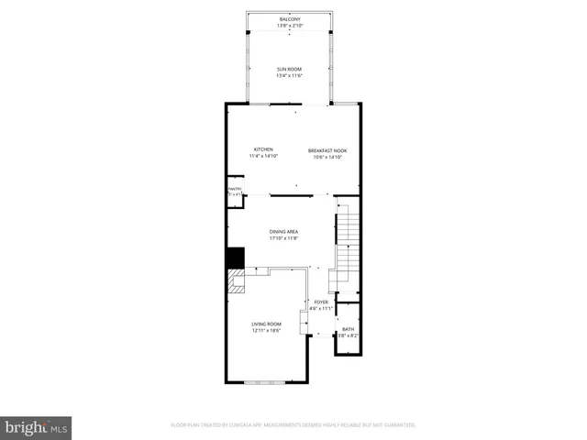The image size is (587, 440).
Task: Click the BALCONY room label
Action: point(290,18)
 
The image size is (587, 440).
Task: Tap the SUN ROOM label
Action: point(290,69)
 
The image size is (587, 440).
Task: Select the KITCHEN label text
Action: point(263,149)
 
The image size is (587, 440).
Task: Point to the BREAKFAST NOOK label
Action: point(327,149)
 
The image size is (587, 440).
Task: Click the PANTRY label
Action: point(235,190)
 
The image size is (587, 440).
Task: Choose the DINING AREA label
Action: point(283,231)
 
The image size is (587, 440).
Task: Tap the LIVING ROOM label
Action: point(267,324)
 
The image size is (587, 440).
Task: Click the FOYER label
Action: point(321,302)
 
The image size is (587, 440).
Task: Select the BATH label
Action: point(348,329)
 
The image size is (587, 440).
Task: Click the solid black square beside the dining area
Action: point(236,258)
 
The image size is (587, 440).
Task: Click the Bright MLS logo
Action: point(37,427)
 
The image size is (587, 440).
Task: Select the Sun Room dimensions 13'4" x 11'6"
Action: point(290,76)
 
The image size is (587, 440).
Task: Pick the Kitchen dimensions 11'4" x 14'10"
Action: point(263,157)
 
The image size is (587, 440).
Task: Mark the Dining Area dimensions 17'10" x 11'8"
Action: point(283,238)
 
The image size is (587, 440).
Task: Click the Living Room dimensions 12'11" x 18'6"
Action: point(267,331)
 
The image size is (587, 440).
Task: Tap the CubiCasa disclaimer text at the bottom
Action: point(293,425)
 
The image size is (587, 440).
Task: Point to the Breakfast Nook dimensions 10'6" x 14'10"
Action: point(327,157)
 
